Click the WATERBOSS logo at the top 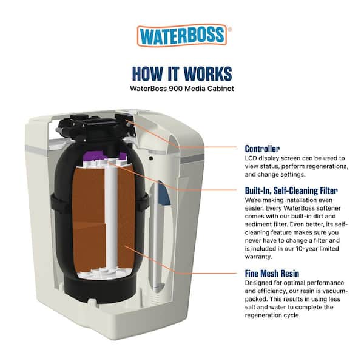coord(182,36)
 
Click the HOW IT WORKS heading coord(182,73)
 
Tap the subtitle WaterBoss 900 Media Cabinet coord(182,87)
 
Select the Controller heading coord(262,149)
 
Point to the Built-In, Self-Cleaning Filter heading coord(291,190)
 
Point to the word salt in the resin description coord(251,307)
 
